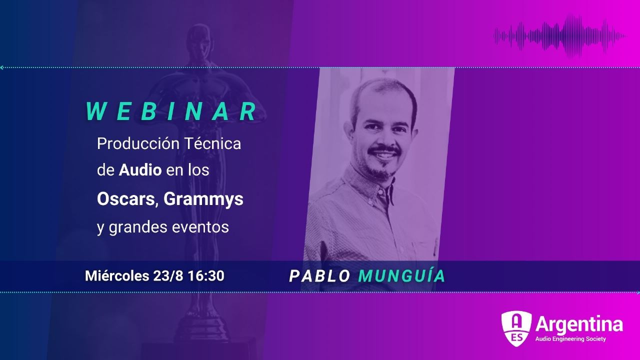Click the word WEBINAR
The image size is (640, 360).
coord(171,111)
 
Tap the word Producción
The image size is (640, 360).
coord(138,143)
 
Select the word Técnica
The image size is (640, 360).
coord(213,143)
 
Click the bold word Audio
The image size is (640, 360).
coord(140,170)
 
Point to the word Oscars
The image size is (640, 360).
coord(126,199)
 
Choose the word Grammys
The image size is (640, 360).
coord(203,199)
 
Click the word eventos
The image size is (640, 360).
coord(200,227)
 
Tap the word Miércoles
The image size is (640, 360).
coord(117,275)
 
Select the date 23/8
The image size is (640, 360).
coord(168,275)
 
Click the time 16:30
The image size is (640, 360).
coord(206,275)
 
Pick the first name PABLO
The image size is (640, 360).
coord(320,276)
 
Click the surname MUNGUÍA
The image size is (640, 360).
coord(402,275)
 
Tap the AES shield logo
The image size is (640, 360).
coord(516,328)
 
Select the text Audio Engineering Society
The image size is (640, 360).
coord(570,339)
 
